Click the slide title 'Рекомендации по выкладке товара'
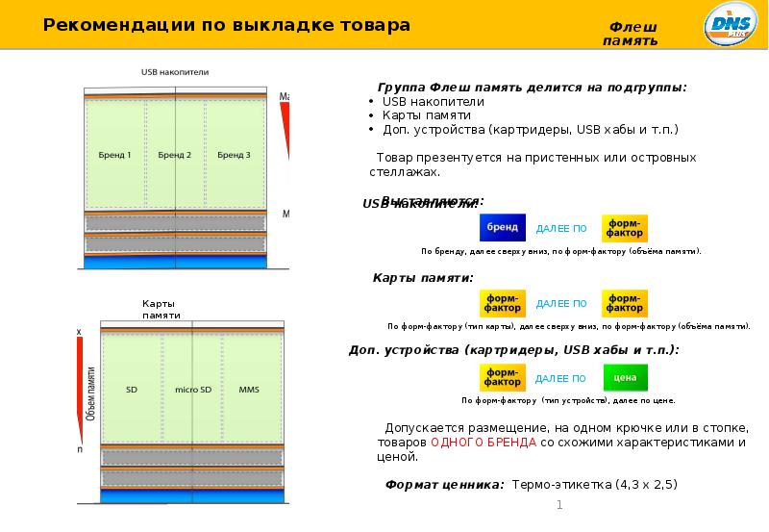tap(227, 25)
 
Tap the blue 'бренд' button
tap(502, 228)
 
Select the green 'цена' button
tap(625, 378)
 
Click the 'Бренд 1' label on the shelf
tap(115, 155)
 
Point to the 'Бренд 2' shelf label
tap(175, 155)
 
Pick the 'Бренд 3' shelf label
tap(234, 155)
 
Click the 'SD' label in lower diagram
tap(132, 390)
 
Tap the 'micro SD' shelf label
tap(192, 390)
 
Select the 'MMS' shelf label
tap(249, 390)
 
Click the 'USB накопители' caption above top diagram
tap(175, 72)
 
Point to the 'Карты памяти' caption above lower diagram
tap(161, 309)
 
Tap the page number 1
tap(559, 506)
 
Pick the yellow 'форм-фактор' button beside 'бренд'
tap(625, 228)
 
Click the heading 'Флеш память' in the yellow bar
tap(631, 34)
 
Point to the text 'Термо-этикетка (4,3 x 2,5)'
tap(594, 484)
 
